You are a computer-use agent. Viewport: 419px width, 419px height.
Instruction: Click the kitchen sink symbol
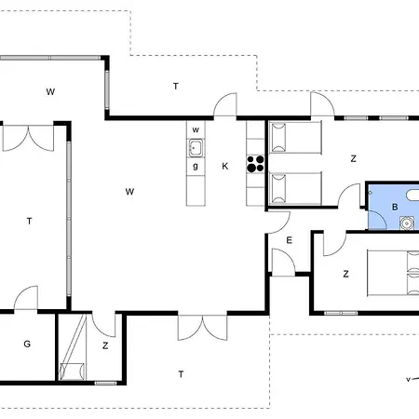click(196, 148)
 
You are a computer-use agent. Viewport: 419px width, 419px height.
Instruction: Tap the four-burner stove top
click(255, 164)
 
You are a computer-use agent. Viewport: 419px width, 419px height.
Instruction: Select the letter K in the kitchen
click(225, 166)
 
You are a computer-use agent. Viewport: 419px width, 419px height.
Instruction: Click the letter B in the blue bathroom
click(395, 207)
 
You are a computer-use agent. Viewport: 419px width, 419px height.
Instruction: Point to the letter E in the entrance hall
click(289, 240)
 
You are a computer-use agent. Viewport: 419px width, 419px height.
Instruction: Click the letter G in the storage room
click(27, 344)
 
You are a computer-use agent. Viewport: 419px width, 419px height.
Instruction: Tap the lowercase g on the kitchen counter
click(196, 166)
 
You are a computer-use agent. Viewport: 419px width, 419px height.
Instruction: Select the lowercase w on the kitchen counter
click(196, 129)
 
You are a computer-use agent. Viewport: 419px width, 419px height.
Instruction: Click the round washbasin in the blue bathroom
click(406, 223)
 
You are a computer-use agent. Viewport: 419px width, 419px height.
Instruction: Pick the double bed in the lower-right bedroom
click(393, 273)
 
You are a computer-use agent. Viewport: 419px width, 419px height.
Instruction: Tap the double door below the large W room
click(202, 328)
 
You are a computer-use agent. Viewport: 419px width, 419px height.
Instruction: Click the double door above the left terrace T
click(28, 138)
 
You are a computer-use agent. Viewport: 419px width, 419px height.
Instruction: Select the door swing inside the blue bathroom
click(377, 220)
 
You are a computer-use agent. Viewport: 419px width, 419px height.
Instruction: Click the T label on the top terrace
click(176, 86)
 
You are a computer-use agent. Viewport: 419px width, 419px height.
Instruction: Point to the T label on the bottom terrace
click(181, 374)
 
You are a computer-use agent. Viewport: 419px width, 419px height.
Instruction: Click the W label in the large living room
click(129, 192)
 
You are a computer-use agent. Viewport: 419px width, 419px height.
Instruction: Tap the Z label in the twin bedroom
click(353, 158)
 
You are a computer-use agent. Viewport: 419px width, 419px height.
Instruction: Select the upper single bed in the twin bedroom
click(295, 138)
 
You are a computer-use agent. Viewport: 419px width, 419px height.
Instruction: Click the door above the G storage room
click(26, 298)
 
